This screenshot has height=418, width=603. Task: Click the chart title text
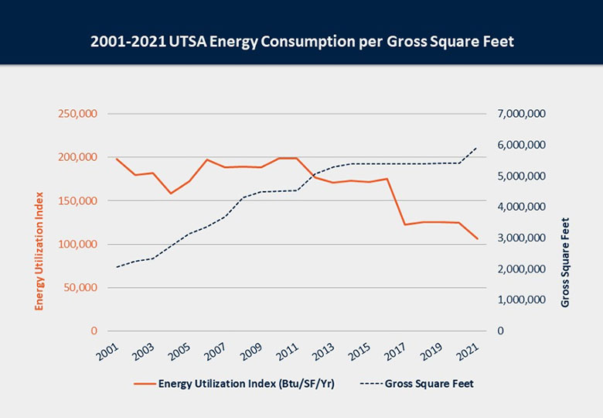[x=301, y=41]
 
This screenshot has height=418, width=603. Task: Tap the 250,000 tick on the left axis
[x=77, y=114]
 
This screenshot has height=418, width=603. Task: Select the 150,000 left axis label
[x=77, y=200]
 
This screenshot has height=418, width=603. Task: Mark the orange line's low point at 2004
[x=171, y=194]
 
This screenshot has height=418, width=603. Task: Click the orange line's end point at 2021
[x=477, y=238]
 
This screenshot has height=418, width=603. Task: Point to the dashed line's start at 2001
[x=117, y=267]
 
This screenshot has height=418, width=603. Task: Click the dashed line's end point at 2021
[x=477, y=147]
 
